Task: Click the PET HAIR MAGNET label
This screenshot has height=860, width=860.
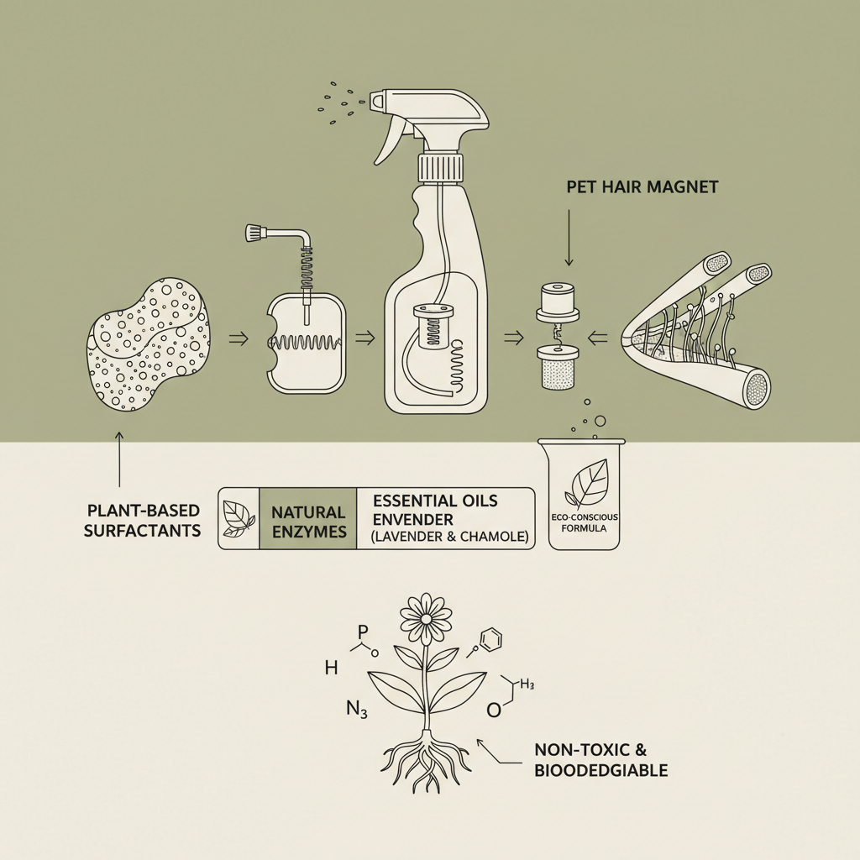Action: tap(642, 187)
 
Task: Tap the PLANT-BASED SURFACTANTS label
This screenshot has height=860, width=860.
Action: tap(143, 520)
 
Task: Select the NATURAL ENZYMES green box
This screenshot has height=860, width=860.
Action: tap(308, 521)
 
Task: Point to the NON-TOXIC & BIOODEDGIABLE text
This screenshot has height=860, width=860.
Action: tap(600, 759)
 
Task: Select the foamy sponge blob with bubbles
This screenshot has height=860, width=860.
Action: tap(148, 345)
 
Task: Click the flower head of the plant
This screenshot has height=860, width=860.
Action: tap(426, 617)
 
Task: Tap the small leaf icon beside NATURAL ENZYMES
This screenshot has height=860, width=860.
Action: tap(239, 519)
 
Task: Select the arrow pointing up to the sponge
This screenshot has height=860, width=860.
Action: tap(119, 458)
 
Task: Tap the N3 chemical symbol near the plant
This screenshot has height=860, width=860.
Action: tap(357, 708)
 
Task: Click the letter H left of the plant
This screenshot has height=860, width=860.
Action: tap(330, 669)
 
